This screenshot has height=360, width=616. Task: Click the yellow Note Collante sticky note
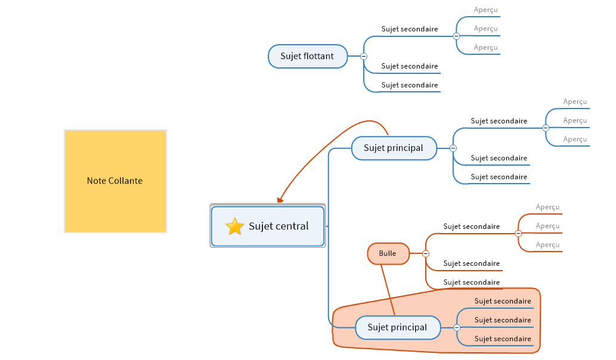click(115, 181)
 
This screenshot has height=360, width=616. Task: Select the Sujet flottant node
click(308, 57)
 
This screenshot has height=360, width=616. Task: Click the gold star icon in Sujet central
click(235, 226)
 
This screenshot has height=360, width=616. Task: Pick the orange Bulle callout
click(388, 254)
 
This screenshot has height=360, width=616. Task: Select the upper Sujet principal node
click(394, 148)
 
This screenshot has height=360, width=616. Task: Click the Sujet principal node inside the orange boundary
click(397, 327)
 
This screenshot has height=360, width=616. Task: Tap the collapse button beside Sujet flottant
click(363, 57)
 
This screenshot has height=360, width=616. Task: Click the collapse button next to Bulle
click(426, 254)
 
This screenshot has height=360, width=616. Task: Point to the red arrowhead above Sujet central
click(280, 200)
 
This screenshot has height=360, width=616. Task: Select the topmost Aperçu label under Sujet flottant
click(485, 10)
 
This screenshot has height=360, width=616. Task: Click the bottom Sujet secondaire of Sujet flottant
click(410, 85)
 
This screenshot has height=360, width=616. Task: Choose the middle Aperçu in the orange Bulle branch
click(547, 226)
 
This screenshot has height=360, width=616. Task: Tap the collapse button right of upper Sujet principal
click(453, 148)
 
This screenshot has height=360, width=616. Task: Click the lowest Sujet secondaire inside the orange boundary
click(503, 339)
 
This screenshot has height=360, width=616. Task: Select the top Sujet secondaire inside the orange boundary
click(503, 302)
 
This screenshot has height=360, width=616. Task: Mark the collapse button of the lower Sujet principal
click(457, 328)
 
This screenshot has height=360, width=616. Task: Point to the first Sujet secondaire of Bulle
click(472, 226)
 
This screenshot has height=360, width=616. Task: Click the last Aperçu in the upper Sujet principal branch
click(575, 139)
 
